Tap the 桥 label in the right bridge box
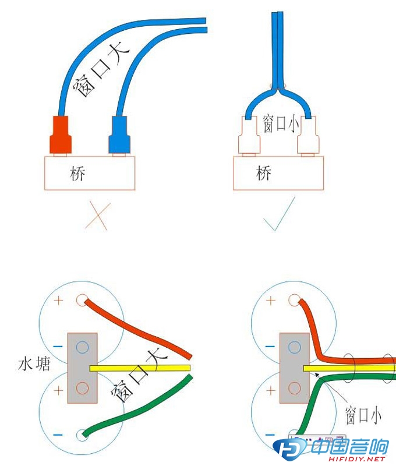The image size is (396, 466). (x=264, y=173)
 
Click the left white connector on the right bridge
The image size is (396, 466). (x=247, y=135)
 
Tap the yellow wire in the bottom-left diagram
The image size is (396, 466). (x=140, y=368)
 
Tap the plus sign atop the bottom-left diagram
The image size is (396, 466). (x=58, y=301)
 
